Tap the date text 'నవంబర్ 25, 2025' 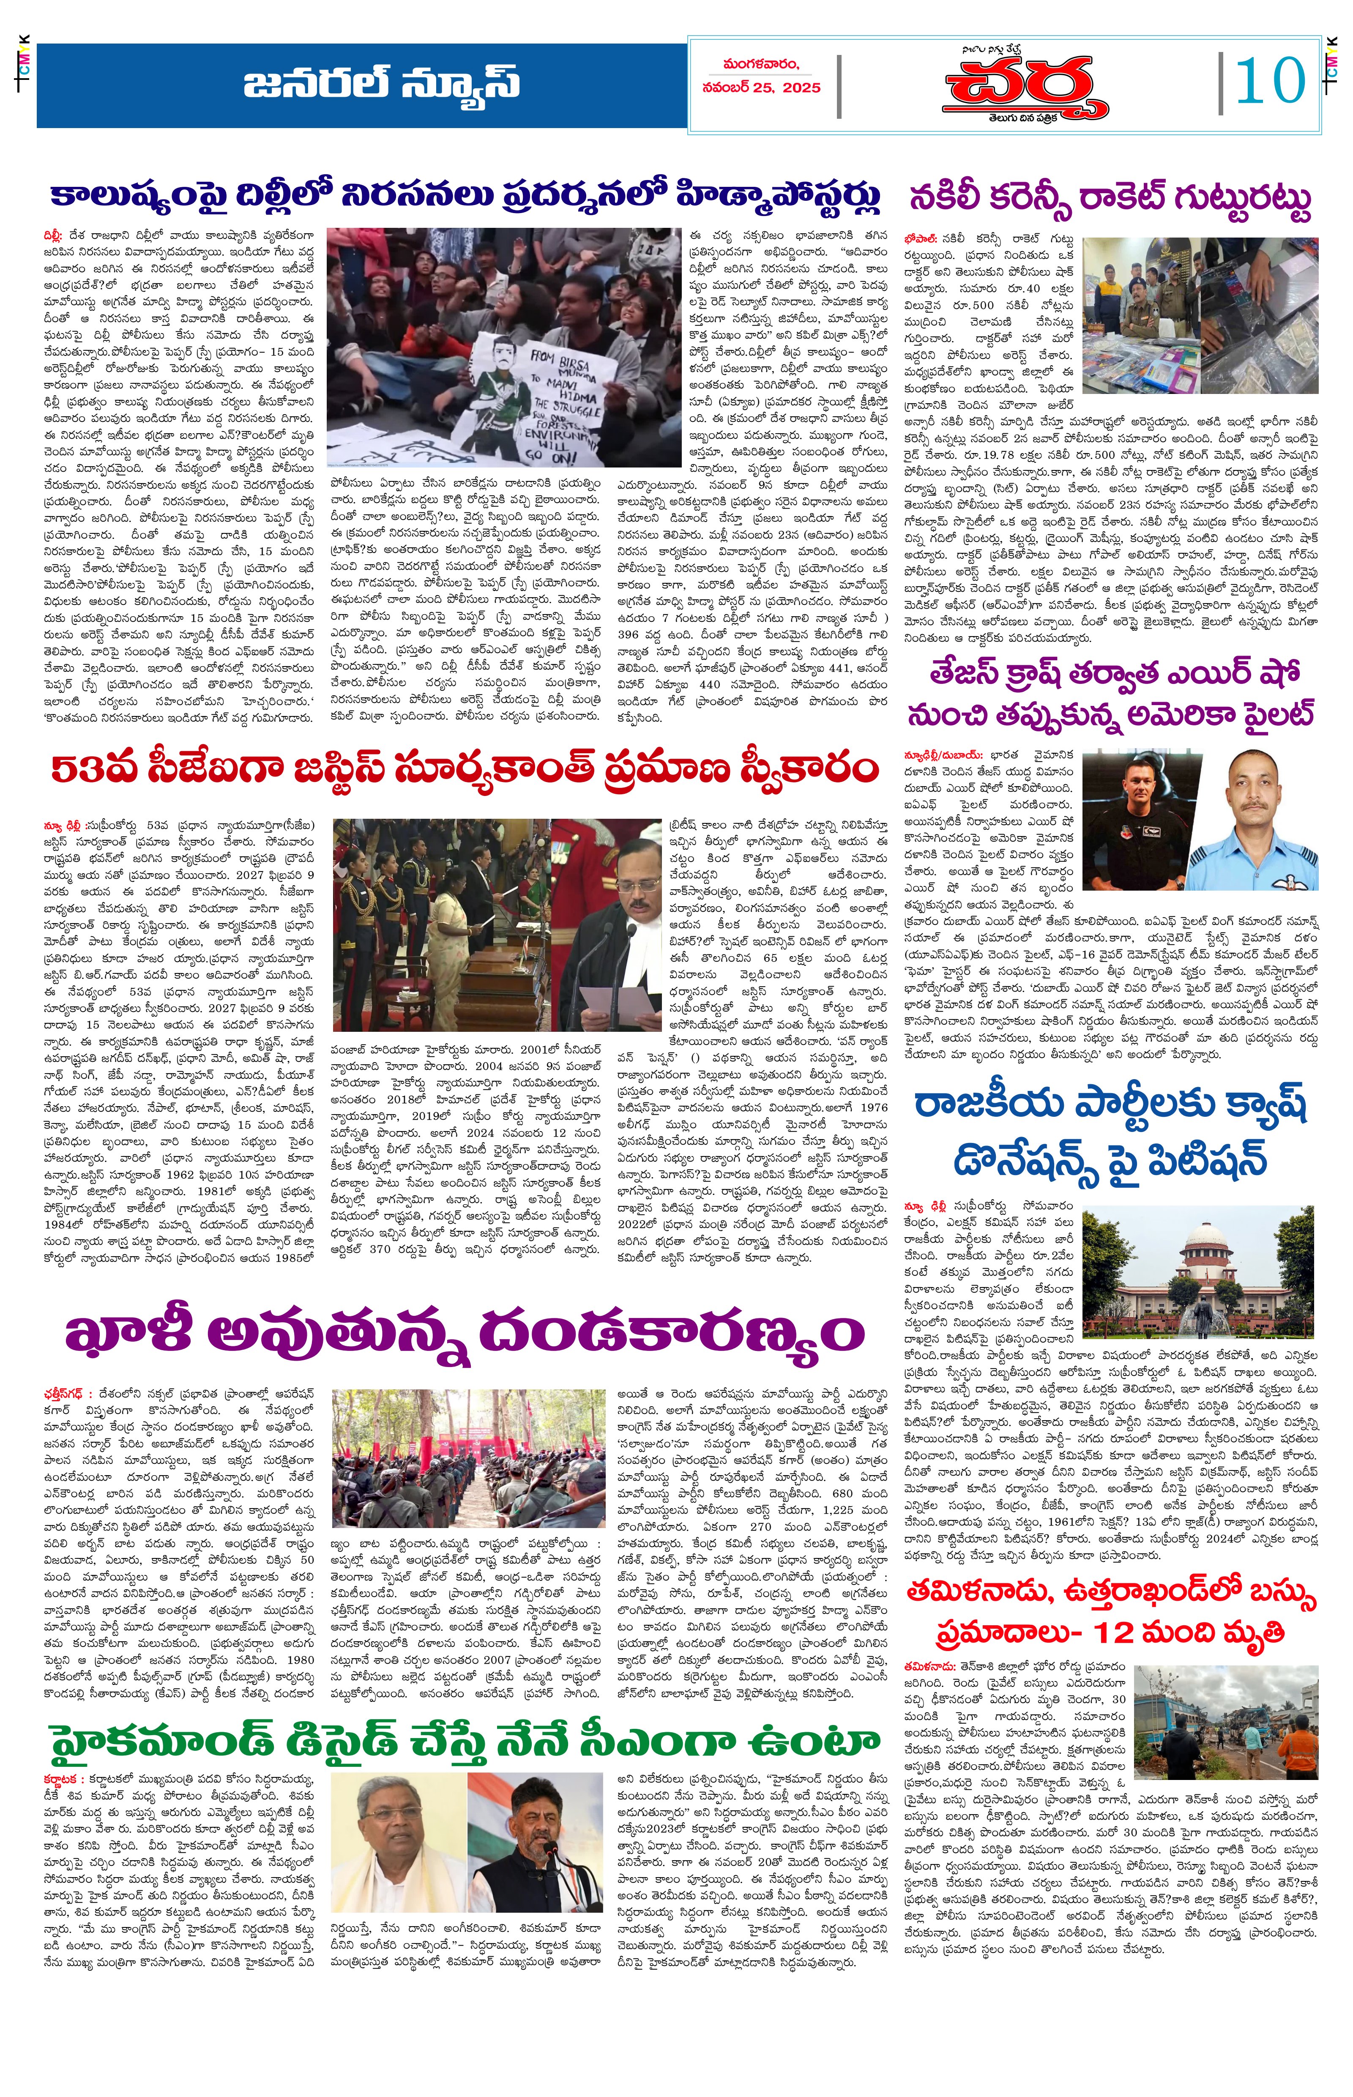coord(761,88)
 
